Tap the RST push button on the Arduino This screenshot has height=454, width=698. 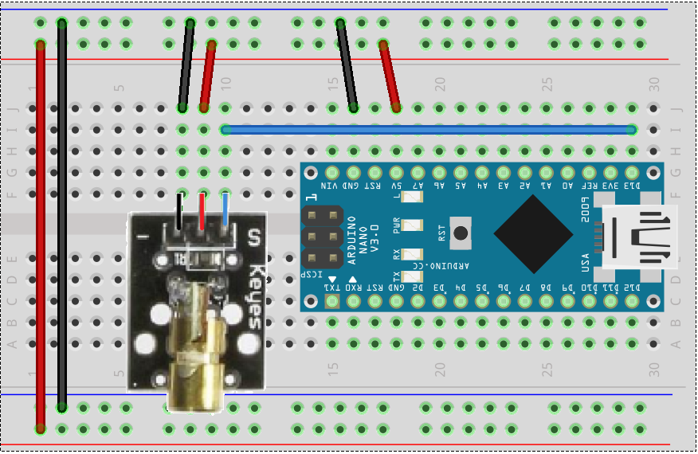[x=460, y=233]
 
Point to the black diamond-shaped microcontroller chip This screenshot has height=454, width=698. [x=533, y=233]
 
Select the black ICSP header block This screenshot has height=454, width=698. [x=322, y=237]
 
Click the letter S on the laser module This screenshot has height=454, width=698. [x=254, y=237]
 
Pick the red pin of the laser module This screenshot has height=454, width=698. [x=202, y=212]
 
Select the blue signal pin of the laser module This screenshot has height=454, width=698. [x=225, y=212]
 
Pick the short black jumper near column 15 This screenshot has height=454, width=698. [x=347, y=64]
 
